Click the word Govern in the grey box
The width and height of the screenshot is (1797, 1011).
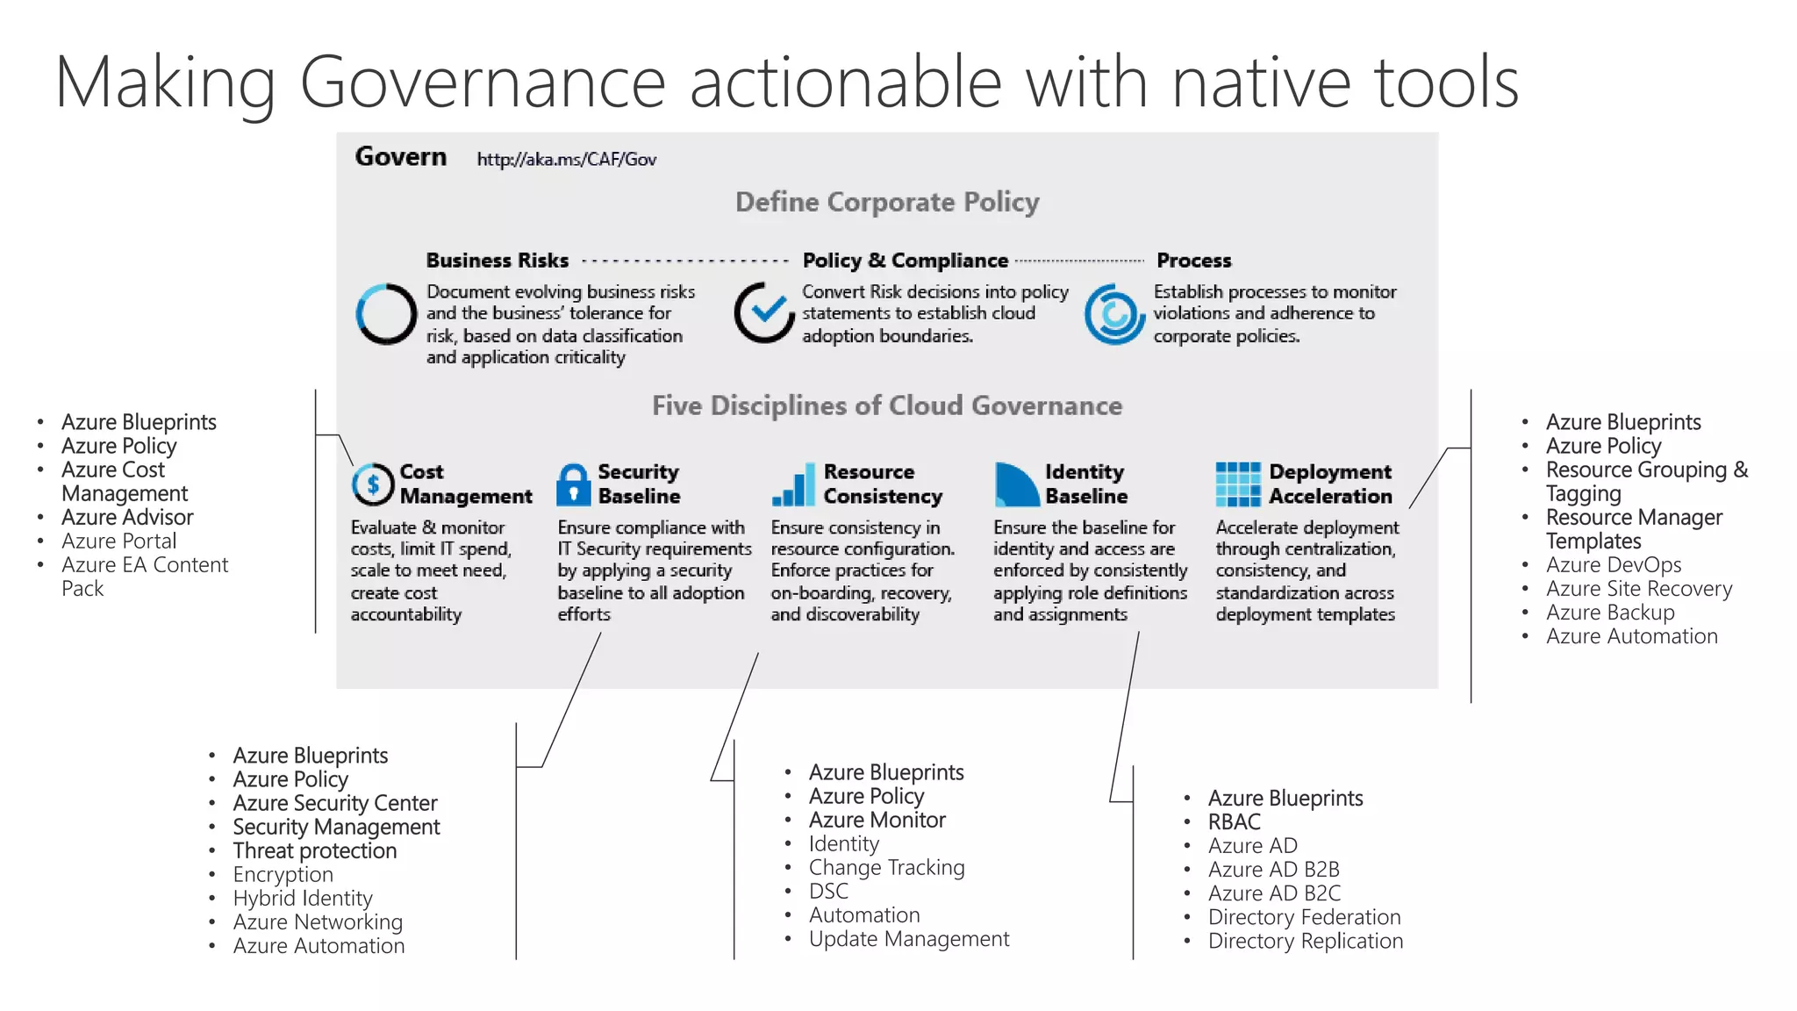click(400, 157)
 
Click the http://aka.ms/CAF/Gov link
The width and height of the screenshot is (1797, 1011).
click(566, 160)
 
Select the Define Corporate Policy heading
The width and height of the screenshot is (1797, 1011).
click(886, 202)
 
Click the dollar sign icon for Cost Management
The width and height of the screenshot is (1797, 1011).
click(373, 484)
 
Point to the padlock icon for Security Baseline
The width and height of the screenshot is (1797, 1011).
click(574, 484)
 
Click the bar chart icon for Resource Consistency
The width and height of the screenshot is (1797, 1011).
click(793, 485)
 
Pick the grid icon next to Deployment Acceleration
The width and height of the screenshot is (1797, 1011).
click(1237, 484)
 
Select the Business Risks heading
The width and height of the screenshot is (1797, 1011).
click(497, 261)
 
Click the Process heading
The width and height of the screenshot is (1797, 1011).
click(1193, 261)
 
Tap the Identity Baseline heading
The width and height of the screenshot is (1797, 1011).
click(1085, 484)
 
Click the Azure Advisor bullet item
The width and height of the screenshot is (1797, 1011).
click(127, 517)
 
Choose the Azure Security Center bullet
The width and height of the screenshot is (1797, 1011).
click(334, 803)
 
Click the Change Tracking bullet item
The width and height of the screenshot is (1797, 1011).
click(886, 867)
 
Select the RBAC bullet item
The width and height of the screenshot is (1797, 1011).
click(1234, 821)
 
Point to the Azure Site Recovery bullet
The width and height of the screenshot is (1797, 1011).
click(1638, 588)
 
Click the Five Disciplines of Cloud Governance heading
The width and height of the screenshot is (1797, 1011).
click(886, 405)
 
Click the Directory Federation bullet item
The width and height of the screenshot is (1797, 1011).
click(1304, 917)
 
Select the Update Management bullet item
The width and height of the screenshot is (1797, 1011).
click(908, 939)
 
